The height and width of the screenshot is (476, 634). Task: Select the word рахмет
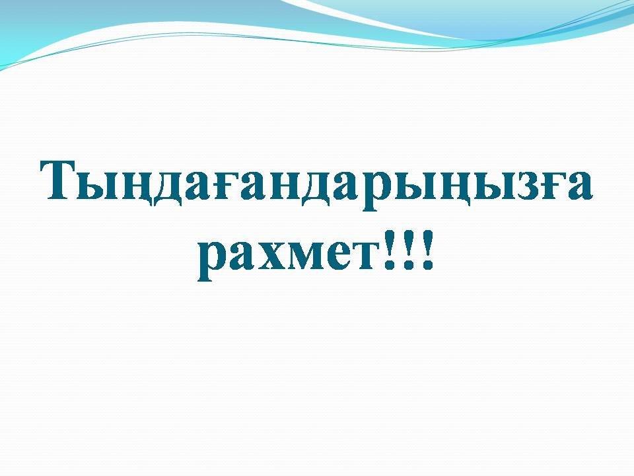[289, 257]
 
